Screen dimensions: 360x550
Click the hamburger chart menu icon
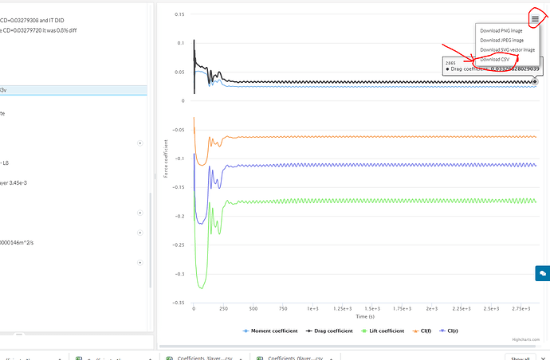pyautogui.click(x=535, y=18)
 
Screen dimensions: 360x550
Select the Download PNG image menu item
pyautogui.click(x=501, y=30)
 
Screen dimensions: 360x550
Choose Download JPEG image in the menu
pyautogui.click(x=502, y=40)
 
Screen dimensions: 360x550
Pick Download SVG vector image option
pyautogui.click(x=507, y=49)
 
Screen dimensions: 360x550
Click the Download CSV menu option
pyautogui.click(x=495, y=60)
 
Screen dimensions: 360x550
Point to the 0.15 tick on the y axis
pyautogui.click(x=179, y=14)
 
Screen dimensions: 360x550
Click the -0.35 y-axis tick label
pyautogui.click(x=178, y=303)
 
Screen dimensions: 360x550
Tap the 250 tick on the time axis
pyautogui.click(x=223, y=307)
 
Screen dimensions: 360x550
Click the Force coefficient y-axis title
pyautogui.click(x=165, y=158)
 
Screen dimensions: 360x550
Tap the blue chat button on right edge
pyautogui.click(x=542, y=273)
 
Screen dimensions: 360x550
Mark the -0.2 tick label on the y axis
pyautogui.click(x=179, y=217)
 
